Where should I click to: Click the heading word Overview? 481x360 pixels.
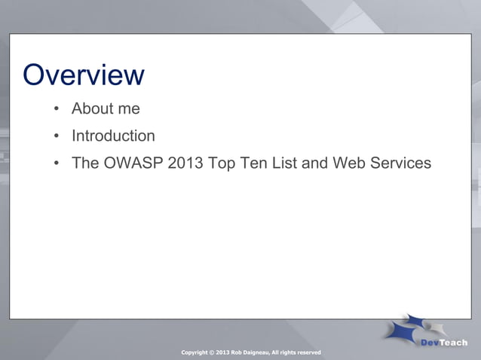pyautogui.click(x=83, y=75)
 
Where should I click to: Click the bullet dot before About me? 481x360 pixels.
pyautogui.click(x=56, y=109)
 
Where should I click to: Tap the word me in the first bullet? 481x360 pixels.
pyautogui.click(x=129, y=108)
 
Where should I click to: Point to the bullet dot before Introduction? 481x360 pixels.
pyautogui.click(x=56, y=136)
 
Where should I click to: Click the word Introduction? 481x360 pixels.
pyautogui.click(x=113, y=136)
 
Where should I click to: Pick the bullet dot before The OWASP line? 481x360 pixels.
pyautogui.click(x=56, y=163)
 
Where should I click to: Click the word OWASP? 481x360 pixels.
pyautogui.click(x=133, y=163)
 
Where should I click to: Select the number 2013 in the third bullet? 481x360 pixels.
pyautogui.click(x=186, y=163)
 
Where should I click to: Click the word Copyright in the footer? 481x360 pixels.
pyautogui.click(x=196, y=352)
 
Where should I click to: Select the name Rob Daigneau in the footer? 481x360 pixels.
pyautogui.click(x=249, y=352)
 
